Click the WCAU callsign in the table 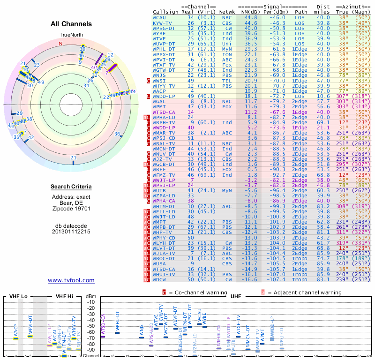[159, 17]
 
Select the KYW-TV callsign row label [162, 22]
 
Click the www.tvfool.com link [71, 280]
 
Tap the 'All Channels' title [71, 24]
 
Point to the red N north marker [60, 44]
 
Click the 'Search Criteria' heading [71, 187]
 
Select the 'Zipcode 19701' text [71, 209]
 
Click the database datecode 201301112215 [71, 232]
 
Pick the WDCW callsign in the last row [161, 279]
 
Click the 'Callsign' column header [165, 12]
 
